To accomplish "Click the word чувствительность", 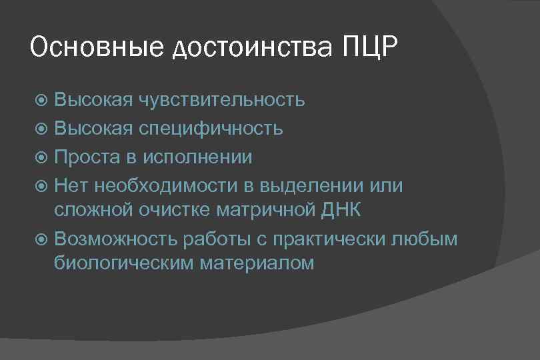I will (223, 101).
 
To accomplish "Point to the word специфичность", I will (211, 128).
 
